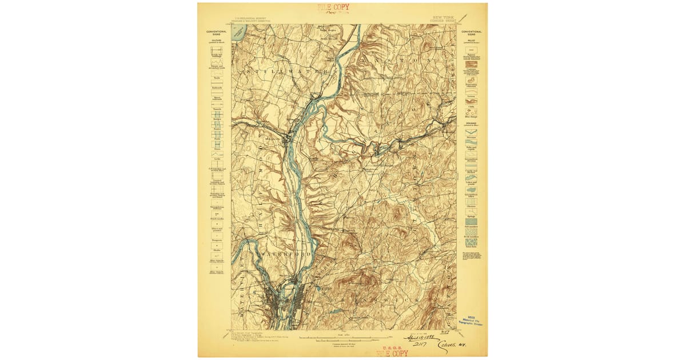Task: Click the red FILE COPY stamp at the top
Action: (333, 8)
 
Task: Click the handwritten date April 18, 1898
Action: (420, 338)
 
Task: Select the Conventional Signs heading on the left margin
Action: (216, 33)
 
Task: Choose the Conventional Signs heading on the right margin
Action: (471, 33)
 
